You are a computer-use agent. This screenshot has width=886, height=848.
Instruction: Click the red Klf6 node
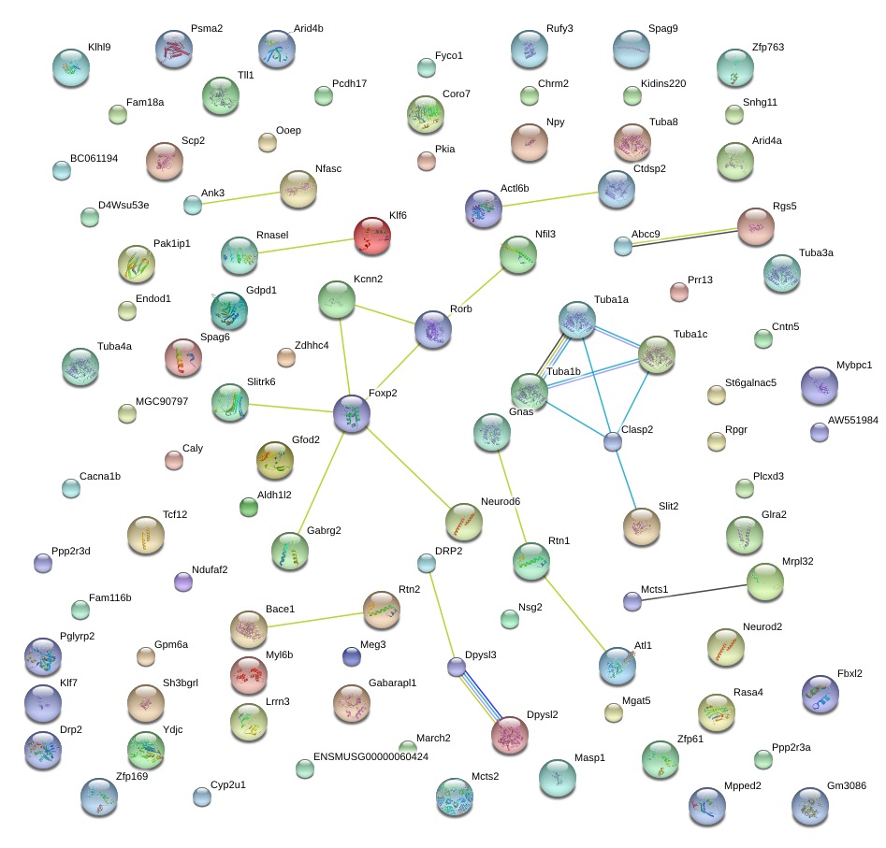click(x=371, y=236)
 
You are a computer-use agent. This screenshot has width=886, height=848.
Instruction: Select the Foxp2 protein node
click(x=352, y=413)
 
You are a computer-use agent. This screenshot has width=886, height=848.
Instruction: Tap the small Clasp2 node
click(x=613, y=441)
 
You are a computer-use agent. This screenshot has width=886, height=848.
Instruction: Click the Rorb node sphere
click(x=433, y=329)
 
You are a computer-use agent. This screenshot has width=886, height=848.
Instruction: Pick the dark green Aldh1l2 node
click(x=249, y=507)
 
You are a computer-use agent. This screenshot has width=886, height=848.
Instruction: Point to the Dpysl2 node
click(x=510, y=735)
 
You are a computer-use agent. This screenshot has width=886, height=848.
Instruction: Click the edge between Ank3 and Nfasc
click(x=241, y=197)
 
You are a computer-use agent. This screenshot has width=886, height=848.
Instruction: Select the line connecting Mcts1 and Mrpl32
click(x=694, y=592)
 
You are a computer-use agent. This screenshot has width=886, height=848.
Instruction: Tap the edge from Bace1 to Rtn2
click(x=314, y=619)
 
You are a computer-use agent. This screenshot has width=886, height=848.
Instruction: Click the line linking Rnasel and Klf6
click(x=306, y=246)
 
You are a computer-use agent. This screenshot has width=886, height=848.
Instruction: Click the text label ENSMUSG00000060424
click(x=370, y=756)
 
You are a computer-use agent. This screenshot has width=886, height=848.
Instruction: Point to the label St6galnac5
click(x=750, y=382)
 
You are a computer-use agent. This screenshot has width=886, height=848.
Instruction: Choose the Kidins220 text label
click(x=663, y=83)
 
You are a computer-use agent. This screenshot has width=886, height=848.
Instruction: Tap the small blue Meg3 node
click(x=352, y=656)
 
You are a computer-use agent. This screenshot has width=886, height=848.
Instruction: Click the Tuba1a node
click(x=577, y=320)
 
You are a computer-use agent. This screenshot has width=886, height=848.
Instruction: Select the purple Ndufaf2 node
click(x=183, y=582)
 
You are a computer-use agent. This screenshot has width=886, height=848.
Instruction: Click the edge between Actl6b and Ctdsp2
click(x=550, y=199)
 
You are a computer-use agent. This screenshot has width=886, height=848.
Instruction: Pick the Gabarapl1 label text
click(x=392, y=683)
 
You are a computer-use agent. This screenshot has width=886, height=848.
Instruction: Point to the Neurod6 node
click(x=464, y=523)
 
